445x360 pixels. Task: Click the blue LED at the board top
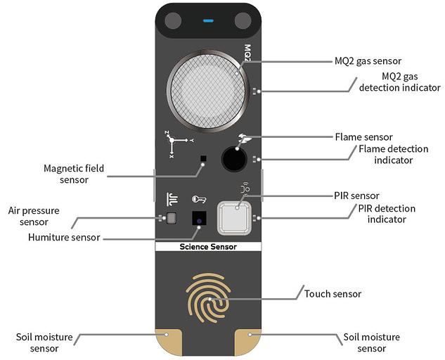pyautogui.click(x=208, y=20)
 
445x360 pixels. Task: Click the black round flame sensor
pyautogui.click(x=234, y=159)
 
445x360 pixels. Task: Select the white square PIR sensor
pyautogui.click(x=235, y=218)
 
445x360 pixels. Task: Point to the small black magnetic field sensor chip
pyautogui.click(x=203, y=159)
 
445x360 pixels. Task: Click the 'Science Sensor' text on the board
pyautogui.click(x=208, y=247)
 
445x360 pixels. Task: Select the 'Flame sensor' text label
pyautogui.click(x=363, y=136)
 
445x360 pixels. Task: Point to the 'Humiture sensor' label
pyautogui.click(x=65, y=237)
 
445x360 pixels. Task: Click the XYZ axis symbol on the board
pyautogui.click(x=173, y=143)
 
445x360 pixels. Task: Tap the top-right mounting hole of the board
pyautogui.click(x=243, y=21)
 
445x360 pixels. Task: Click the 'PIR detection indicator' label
pyautogui.click(x=387, y=214)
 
